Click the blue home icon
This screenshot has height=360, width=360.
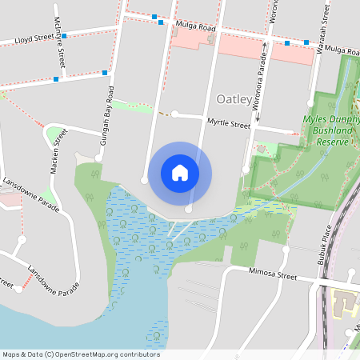(x=180, y=172)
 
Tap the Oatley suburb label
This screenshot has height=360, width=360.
(x=234, y=100)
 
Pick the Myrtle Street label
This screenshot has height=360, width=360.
(x=229, y=124)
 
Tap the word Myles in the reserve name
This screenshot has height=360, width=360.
(x=317, y=119)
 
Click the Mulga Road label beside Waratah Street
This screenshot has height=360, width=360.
(x=342, y=50)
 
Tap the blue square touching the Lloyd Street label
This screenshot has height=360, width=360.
(x=64, y=36)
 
